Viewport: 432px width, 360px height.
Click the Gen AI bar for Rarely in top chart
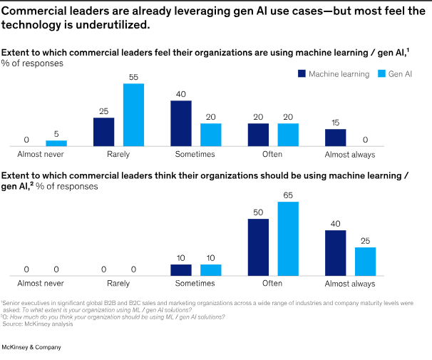pyautogui.click(x=133, y=115)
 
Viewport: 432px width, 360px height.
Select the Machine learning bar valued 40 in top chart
pyautogui.click(x=180, y=123)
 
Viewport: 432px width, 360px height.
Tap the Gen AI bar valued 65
pyautogui.click(x=288, y=239)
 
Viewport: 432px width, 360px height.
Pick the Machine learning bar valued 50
pyautogui.click(x=258, y=247)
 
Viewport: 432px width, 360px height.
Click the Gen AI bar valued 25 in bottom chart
pyautogui.click(x=365, y=262)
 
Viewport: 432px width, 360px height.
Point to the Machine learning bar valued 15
pyautogui.click(x=335, y=138)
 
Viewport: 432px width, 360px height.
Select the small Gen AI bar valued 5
pyautogui.click(x=56, y=143)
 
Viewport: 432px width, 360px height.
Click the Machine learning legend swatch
pyautogui.click(x=302, y=73)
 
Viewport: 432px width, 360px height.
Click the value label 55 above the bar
pyautogui.click(x=133, y=77)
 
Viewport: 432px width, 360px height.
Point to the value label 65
pyautogui.click(x=288, y=195)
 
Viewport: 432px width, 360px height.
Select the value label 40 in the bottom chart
pyautogui.click(x=335, y=224)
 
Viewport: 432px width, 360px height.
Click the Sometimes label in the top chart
pyautogui.click(x=195, y=154)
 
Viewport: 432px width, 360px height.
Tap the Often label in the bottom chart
pyautogui.click(x=273, y=284)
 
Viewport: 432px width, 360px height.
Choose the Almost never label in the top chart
pyautogui.click(x=41, y=154)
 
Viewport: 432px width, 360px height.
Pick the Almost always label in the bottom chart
pyautogui.click(x=350, y=284)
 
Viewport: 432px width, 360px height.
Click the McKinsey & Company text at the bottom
pyautogui.click(x=31, y=347)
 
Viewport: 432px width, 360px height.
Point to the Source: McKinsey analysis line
pyautogui.click(x=34, y=324)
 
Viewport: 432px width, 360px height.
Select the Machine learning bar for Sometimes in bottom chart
pyautogui.click(x=180, y=270)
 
